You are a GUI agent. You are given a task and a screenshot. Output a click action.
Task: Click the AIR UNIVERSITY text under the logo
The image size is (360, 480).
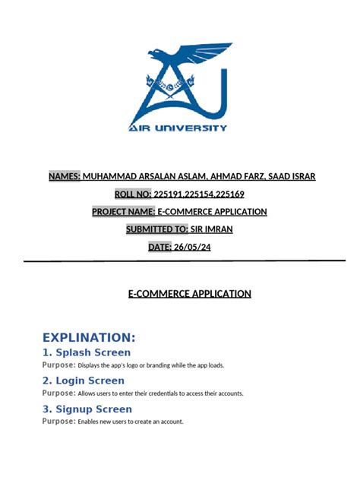tap(179, 128)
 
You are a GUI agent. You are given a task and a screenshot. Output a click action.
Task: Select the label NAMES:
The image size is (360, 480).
tap(65, 176)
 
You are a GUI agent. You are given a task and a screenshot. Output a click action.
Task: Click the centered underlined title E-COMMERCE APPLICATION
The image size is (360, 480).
tap(189, 294)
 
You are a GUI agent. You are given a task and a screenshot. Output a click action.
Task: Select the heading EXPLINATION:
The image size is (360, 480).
tap(89, 337)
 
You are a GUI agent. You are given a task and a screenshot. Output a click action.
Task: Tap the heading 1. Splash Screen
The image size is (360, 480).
tap(86, 352)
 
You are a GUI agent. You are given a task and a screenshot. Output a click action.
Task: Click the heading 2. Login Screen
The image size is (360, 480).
tap(83, 381)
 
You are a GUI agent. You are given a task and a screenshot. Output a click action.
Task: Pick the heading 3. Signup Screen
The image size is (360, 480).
tap(87, 409)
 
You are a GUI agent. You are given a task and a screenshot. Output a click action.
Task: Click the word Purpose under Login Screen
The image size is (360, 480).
tap(58, 393)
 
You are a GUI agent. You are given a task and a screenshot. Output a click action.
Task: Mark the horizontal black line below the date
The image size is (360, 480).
tap(180, 261)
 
